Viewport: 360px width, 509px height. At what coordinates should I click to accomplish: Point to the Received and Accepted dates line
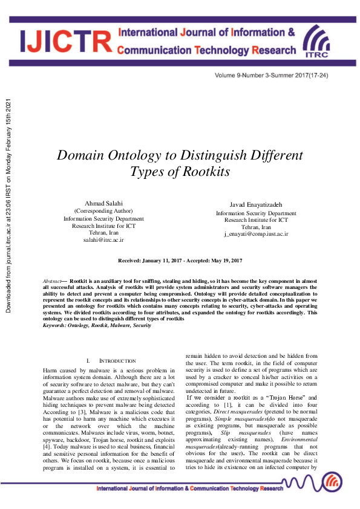180,260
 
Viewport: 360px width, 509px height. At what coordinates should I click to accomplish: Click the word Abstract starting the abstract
53,282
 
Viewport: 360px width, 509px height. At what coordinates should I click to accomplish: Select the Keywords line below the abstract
97,325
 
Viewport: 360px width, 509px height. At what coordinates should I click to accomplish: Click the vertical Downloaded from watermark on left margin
8,206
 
